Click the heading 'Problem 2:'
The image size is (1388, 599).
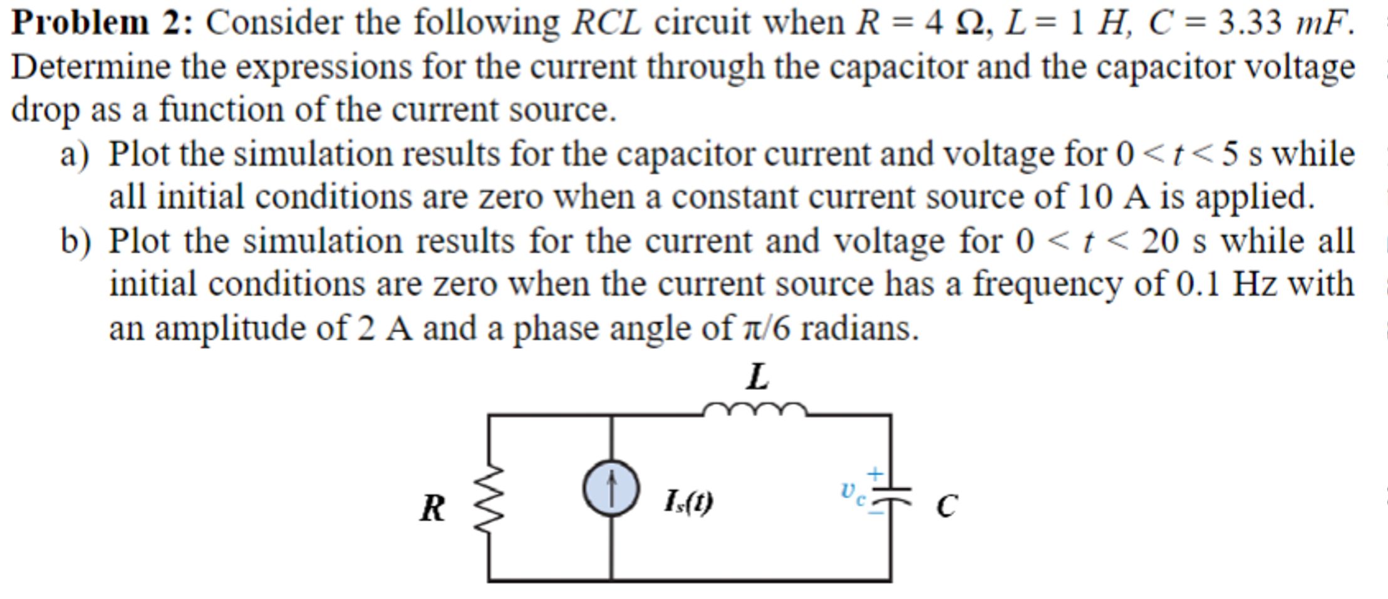pyautogui.click(x=103, y=23)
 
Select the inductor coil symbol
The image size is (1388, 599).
pyautogui.click(x=755, y=411)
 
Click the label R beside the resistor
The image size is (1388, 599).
pyautogui.click(x=432, y=508)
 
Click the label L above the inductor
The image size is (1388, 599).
pyautogui.click(x=758, y=377)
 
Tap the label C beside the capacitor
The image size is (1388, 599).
pyautogui.click(x=946, y=506)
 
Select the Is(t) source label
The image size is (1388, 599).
pyautogui.click(x=688, y=502)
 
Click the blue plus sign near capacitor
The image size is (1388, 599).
pyautogui.click(x=875, y=473)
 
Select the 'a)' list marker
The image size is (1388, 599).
pyautogui.click(x=75, y=154)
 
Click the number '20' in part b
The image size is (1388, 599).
pyautogui.click(x=1159, y=241)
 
